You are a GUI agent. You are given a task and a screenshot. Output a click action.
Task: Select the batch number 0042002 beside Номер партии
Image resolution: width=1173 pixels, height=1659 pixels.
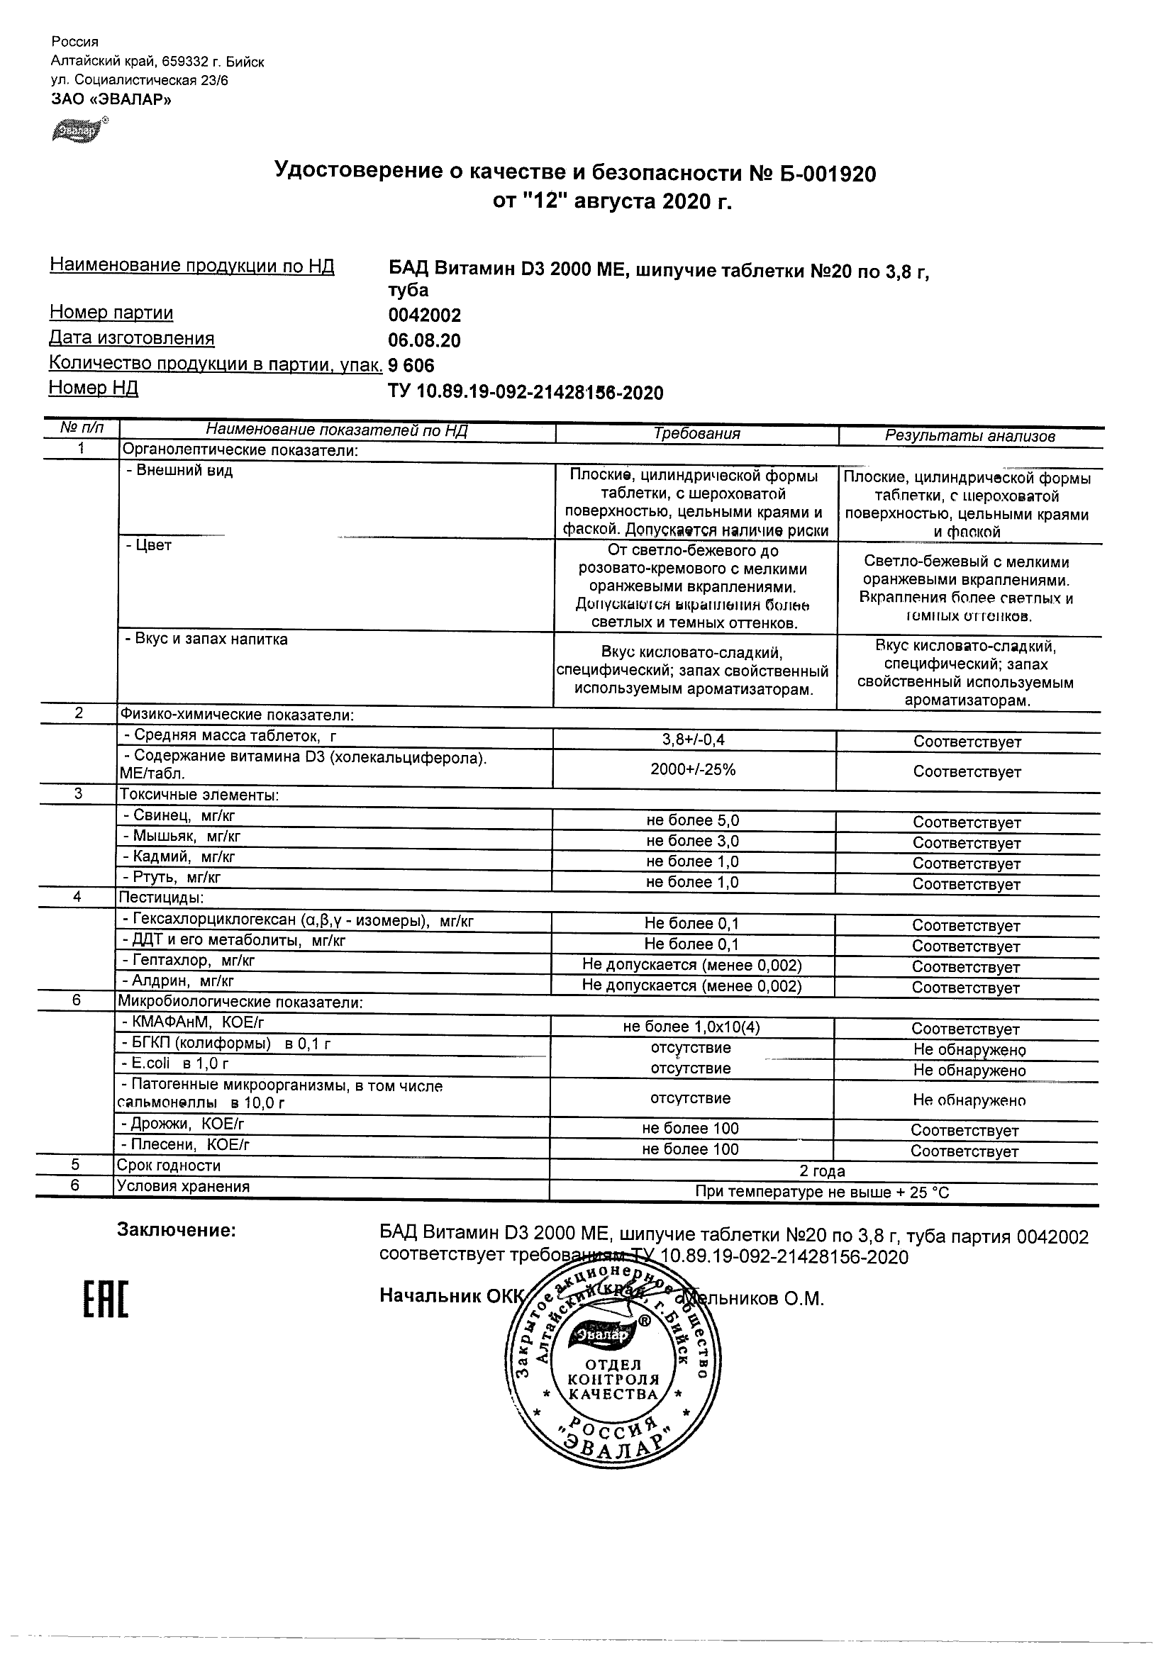point(424,315)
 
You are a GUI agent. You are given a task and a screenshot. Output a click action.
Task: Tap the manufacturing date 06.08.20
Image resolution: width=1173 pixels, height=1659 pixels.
point(424,340)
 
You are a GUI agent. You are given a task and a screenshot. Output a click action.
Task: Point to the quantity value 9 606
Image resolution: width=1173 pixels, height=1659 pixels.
point(411,366)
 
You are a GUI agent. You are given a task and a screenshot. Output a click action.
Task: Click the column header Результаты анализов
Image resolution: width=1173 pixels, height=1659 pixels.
point(970,436)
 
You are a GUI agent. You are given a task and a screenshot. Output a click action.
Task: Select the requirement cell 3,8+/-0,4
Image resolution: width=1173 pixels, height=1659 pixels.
point(694,740)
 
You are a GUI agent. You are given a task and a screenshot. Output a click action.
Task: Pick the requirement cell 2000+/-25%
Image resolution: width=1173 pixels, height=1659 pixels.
point(693,769)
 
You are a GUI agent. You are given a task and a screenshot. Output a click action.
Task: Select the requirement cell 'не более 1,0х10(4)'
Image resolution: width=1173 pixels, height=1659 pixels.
point(691,1027)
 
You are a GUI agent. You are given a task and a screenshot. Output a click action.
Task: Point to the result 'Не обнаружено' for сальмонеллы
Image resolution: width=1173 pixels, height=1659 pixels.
point(969,1100)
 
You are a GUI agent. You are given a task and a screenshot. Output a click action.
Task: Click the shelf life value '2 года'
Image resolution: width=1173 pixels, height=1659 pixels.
point(822,1171)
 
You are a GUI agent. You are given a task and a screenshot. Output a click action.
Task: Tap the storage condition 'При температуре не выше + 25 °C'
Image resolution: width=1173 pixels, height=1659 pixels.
point(822,1192)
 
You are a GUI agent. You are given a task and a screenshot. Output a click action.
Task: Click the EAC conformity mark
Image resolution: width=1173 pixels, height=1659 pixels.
point(106,1299)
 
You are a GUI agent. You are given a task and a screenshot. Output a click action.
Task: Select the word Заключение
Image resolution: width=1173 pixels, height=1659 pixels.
point(177,1230)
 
